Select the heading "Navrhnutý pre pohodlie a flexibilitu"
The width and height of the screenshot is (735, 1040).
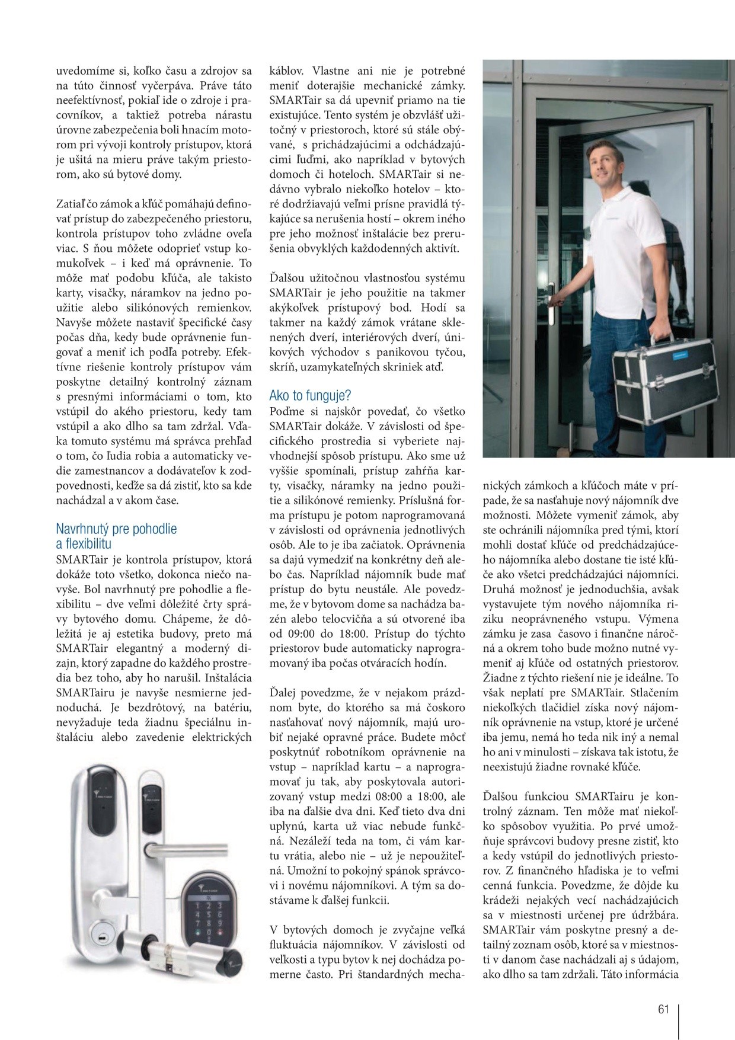(116, 536)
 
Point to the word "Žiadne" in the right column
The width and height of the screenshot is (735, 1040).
(501, 677)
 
